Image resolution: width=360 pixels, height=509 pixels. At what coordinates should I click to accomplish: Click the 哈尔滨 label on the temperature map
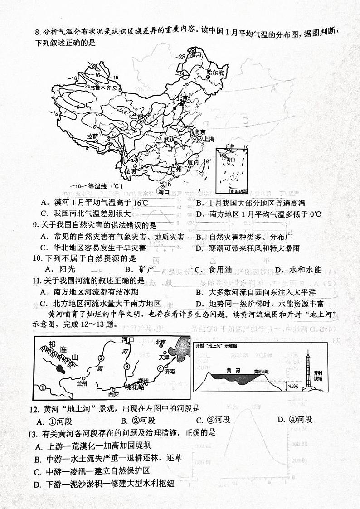[x=215, y=72]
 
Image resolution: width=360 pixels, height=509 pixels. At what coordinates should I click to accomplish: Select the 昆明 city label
[x=130, y=171]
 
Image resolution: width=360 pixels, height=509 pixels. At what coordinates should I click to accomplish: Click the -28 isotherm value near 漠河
[x=181, y=57]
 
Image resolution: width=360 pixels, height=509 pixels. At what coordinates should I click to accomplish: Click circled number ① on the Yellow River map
[x=43, y=387]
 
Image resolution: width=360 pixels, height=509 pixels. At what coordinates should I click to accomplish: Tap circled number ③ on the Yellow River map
[x=127, y=366]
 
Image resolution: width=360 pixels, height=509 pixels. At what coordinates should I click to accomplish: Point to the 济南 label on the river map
[x=169, y=372]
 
